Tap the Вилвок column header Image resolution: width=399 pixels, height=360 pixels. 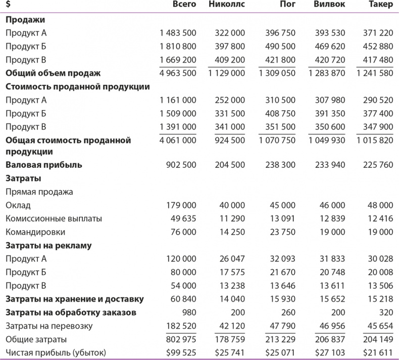tap(329, 6)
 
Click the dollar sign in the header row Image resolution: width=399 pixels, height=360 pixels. tap(8, 6)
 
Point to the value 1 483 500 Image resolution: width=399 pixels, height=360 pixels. tap(177, 33)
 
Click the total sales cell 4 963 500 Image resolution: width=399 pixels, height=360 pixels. tap(177, 73)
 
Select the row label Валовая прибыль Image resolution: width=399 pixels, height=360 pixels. tap(44, 165)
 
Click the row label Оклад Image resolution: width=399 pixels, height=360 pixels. tap(18, 205)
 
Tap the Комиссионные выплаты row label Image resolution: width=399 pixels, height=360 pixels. tap(54, 218)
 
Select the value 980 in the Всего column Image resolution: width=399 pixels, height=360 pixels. tap(187, 312)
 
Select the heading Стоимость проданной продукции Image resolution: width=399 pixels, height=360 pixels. tap(78, 86)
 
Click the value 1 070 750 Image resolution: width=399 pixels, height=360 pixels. tap(276, 141)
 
